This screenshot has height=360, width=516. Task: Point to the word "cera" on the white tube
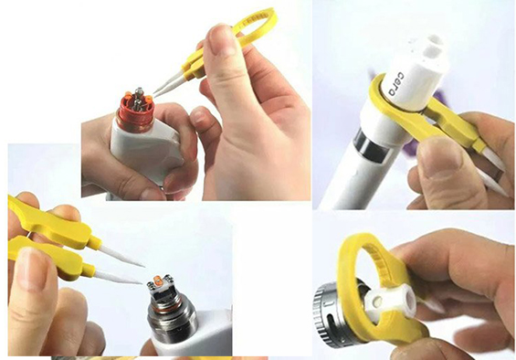point(396,84)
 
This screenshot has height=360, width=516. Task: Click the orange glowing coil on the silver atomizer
point(158,283)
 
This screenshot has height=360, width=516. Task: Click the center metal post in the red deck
point(139,100)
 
